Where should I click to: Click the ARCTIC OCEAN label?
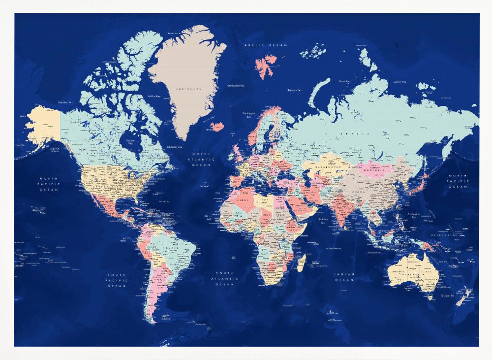pyautogui.click(x=266, y=45)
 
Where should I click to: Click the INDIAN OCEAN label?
pyautogui.click(x=344, y=277)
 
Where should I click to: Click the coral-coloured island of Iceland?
pyautogui.click(x=217, y=127)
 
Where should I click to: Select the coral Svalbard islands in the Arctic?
pyautogui.click(x=266, y=65)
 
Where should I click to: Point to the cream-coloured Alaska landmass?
pyautogui.click(x=42, y=125)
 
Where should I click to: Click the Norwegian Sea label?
pyautogui.click(x=248, y=115)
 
